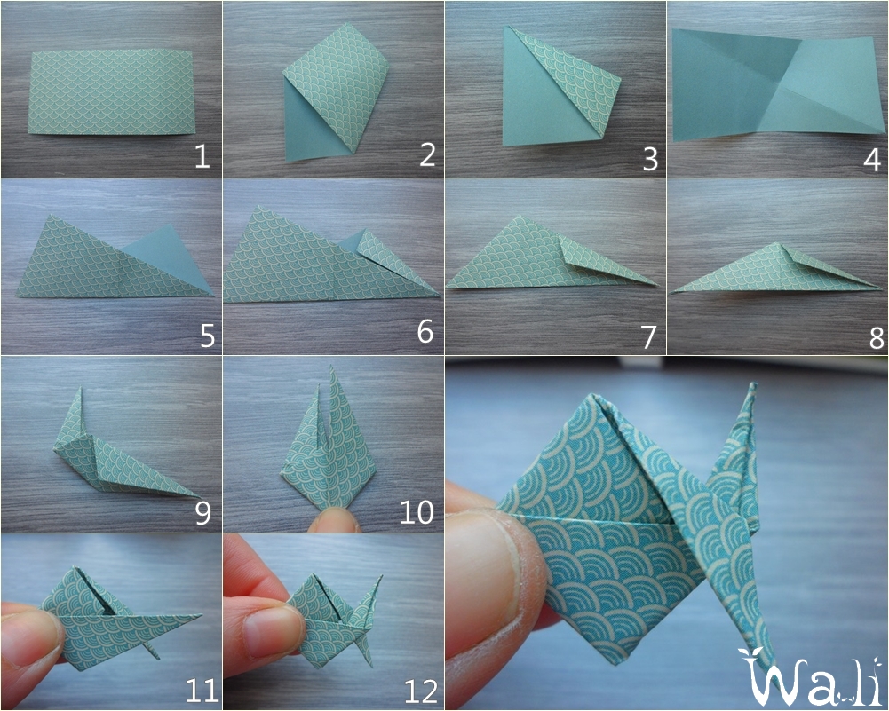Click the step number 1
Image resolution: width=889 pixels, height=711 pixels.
[x=202, y=157]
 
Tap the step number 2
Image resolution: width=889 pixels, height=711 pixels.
[x=427, y=156]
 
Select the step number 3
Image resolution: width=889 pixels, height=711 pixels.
[x=649, y=158]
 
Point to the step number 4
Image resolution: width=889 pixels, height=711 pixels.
[x=871, y=159]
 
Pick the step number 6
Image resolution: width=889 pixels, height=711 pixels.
[x=425, y=332]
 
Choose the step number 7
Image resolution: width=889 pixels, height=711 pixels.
[x=649, y=336]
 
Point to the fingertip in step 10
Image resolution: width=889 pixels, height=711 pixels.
[x=334, y=519]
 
